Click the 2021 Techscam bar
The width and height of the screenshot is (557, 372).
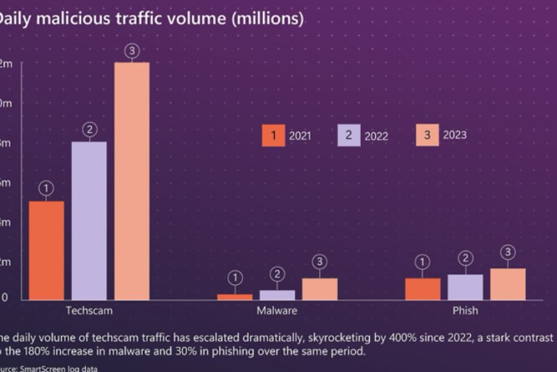[46, 250]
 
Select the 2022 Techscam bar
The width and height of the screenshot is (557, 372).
[89, 220]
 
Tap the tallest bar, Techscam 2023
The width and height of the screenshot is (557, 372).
[132, 181]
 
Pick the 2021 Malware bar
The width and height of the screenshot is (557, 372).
[235, 297]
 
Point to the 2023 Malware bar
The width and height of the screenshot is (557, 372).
[319, 289]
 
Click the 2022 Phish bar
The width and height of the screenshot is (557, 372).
[466, 287]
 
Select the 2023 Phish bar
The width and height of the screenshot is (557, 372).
[508, 284]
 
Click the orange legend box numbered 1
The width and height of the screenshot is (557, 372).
[273, 135]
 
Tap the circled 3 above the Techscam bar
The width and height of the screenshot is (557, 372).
[132, 51]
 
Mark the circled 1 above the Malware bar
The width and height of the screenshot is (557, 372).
[235, 278]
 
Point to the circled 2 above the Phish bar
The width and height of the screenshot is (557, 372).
[466, 258]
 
